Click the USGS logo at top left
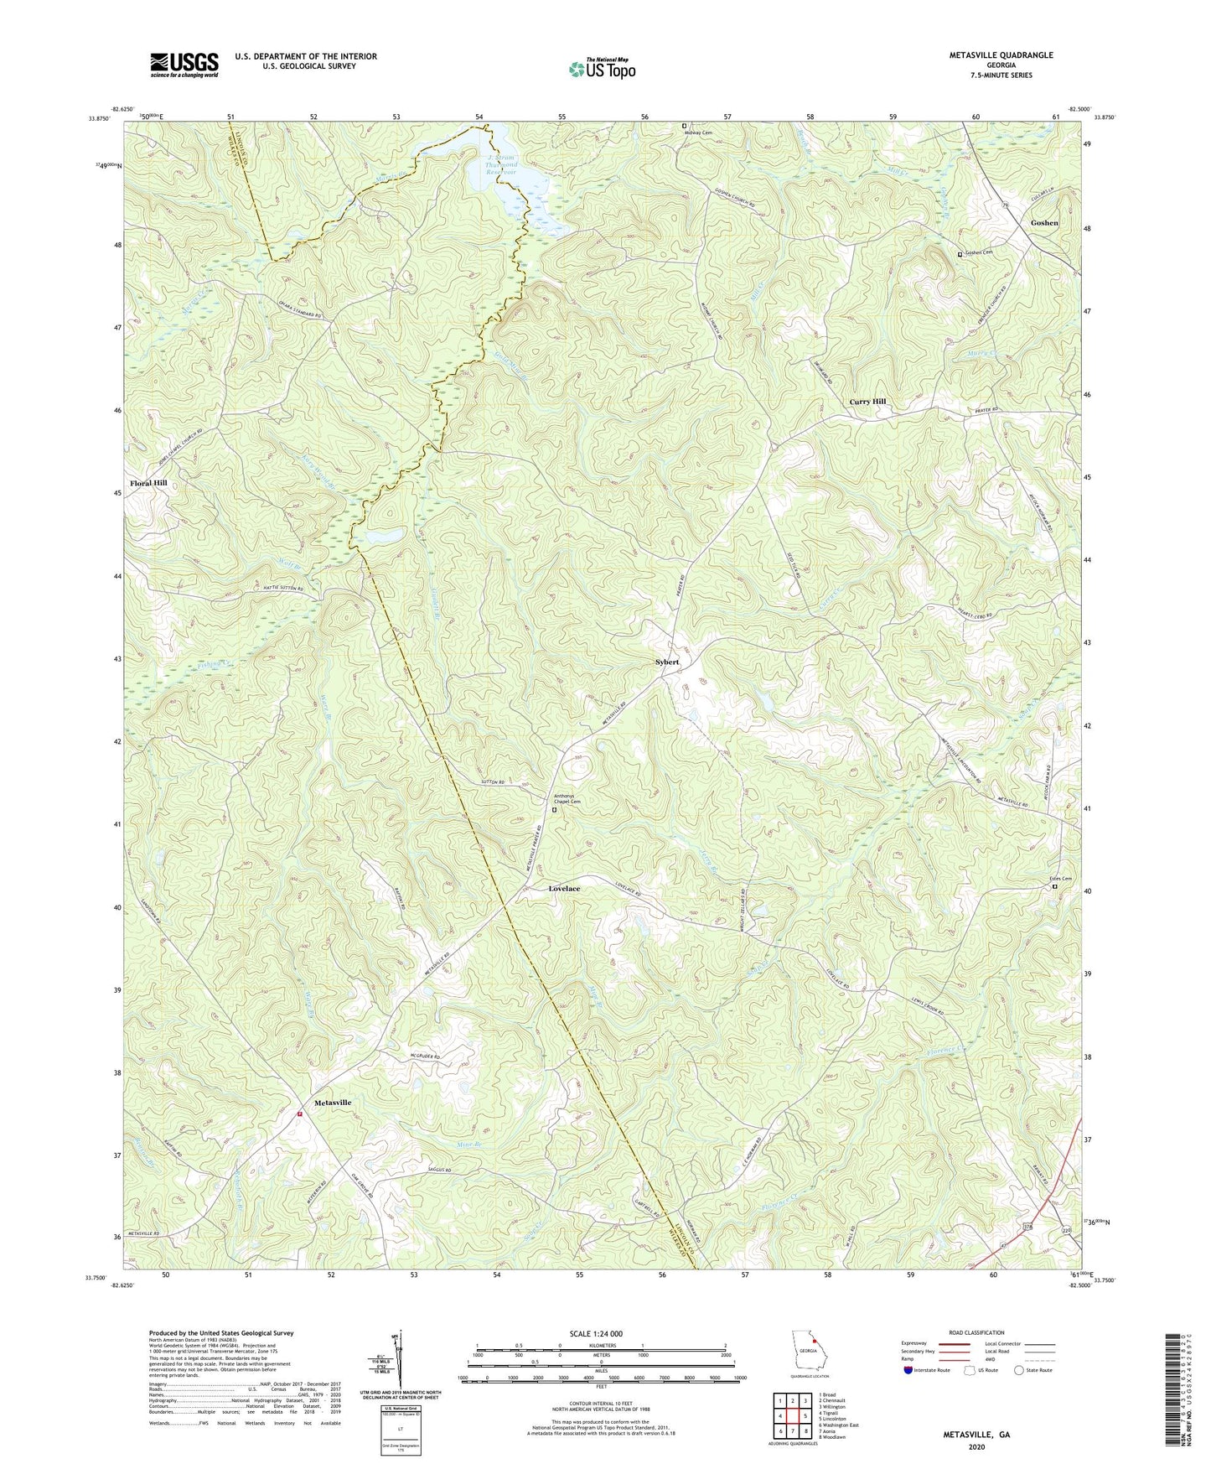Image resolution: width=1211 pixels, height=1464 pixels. pyautogui.click(x=184, y=65)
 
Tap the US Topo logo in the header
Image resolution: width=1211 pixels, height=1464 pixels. pyautogui.click(x=602, y=69)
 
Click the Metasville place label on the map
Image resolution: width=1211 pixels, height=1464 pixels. pyautogui.click(x=332, y=1102)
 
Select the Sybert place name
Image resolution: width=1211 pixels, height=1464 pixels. pyautogui.click(x=667, y=662)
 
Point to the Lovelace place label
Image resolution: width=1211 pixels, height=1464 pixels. pyautogui.click(x=564, y=888)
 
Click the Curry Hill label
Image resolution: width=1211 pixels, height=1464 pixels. pyautogui.click(x=867, y=402)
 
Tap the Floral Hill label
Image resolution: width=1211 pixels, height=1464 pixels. pyautogui.click(x=148, y=483)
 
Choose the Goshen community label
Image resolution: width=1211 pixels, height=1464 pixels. pyautogui.click(x=1044, y=223)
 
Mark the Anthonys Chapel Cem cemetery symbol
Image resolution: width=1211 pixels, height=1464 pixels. pyautogui.click(x=554, y=810)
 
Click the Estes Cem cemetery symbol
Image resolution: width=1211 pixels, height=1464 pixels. pyautogui.click(x=1055, y=886)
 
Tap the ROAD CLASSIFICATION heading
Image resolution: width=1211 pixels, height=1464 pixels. pyautogui.click(x=976, y=1332)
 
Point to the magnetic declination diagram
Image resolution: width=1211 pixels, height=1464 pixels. pyautogui.click(x=399, y=1358)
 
